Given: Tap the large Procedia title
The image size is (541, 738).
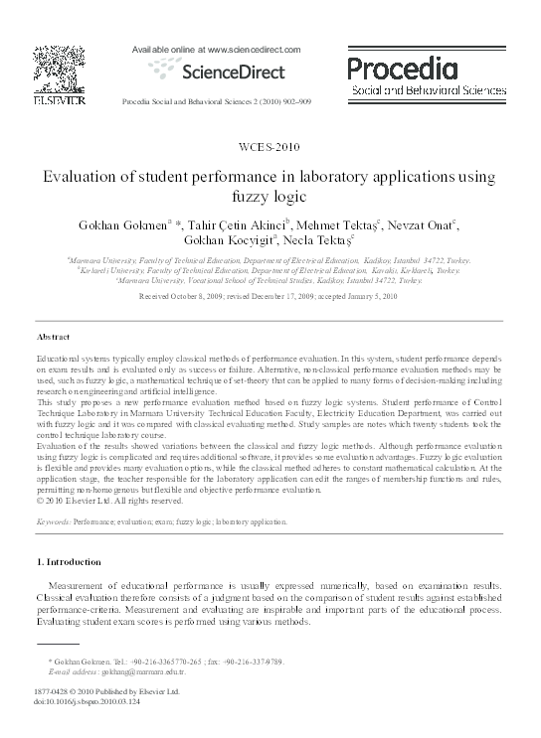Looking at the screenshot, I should (x=402, y=68).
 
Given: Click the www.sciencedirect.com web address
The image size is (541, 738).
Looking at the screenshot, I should (x=244, y=48).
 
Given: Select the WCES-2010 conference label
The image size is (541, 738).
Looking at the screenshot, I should (x=270, y=146).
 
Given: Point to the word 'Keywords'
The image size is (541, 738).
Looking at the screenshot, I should (x=52, y=520).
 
